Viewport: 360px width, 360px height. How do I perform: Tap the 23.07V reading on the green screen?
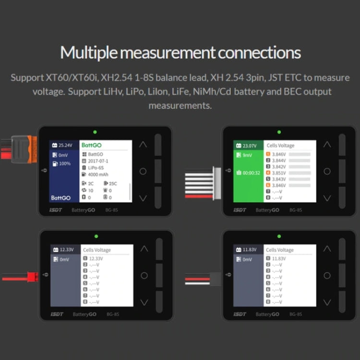coord(249,145)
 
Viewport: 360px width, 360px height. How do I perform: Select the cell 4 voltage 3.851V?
coord(279,172)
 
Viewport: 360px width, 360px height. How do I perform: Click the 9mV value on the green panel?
coord(247,155)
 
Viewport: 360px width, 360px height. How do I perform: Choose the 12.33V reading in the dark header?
coord(67,250)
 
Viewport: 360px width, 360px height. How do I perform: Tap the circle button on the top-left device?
coord(143,171)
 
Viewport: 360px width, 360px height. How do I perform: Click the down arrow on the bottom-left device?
coord(144,302)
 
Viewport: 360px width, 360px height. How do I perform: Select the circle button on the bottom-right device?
coord(327,276)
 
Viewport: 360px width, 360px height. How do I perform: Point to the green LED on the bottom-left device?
coord(96,236)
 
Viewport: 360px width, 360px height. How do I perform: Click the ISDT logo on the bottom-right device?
coord(240,314)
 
